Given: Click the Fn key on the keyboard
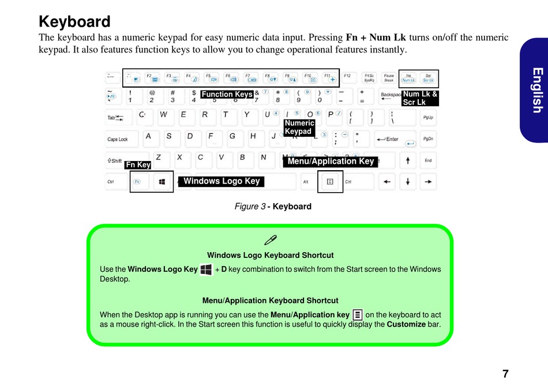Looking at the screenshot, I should pyautogui.click(x=137, y=182).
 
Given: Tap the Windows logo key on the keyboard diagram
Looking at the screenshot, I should pyautogui.click(x=162, y=182).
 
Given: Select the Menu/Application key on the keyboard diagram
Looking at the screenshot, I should pyautogui.click(x=329, y=182).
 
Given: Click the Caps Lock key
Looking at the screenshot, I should pyautogui.click(x=120, y=139).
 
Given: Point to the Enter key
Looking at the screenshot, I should pyautogui.click(x=395, y=139).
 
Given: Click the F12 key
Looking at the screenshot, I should pyautogui.click(x=347, y=77).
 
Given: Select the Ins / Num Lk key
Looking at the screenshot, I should pyautogui.click(x=408, y=77).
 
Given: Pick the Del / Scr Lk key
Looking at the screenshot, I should pyautogui.click(x=427, y=77).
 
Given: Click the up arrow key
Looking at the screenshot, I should pyautogui.click(x=408, y=160).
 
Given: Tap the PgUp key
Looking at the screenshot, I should pyautogui.click(x=427, y=118).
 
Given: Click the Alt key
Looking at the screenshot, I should pyautogui.click(x=306, y=182).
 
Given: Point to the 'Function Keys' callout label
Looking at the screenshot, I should pyautogui.click(x=227, y=95).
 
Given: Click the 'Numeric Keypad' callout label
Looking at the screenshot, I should pyautogui.click(x=299, y=127).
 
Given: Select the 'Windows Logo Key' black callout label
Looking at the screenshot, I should pyautogui.click(x=222, y=181).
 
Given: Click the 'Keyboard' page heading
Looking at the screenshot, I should pyautogui.click(x=74, y=22).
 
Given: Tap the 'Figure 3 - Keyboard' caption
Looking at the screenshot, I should pyautogui.click(x=273, y=207).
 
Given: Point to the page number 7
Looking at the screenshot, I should pyautogui.click(x=505, y=373).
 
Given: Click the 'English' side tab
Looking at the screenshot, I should pyautogui.click(x=536, y=90).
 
